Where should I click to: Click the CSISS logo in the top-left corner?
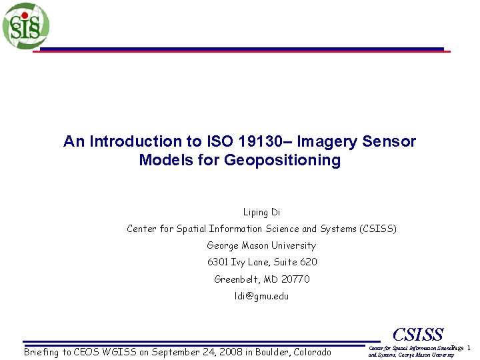[x=25, y=26]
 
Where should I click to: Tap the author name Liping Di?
[x=261, y=212]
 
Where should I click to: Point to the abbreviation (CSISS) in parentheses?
[x=377, y=229]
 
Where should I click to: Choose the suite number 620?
[x=308, y=262]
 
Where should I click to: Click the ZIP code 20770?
[x=295, y=279]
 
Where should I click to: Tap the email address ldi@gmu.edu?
[x=261, y=295]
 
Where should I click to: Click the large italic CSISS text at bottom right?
[x=417, y=335]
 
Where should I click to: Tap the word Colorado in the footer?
[x=310, y=351]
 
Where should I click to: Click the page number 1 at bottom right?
[x=469, y=348]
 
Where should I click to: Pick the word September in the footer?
[x=175, y=351]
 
